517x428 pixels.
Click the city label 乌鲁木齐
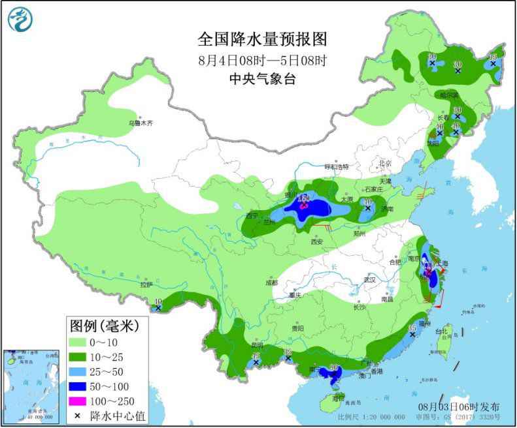tap(139, 123)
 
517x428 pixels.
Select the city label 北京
tap(384, 163)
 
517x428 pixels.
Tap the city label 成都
tap(271, 283)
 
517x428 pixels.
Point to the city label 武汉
tap(371, 279)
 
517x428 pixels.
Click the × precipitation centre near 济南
tap(367, 209)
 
